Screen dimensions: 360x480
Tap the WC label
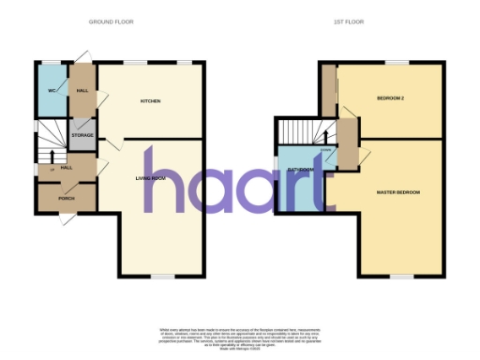(52, 90)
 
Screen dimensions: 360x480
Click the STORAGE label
(82, 135)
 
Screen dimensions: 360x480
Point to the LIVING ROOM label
(151, 176)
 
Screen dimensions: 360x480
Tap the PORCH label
(67, 198)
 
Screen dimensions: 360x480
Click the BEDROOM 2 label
(392, 98)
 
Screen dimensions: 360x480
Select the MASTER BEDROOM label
(397, 192)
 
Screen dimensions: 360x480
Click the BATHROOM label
(301, 169)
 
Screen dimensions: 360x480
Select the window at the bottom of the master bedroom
(401, 276)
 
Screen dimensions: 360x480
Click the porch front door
(67, 215)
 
